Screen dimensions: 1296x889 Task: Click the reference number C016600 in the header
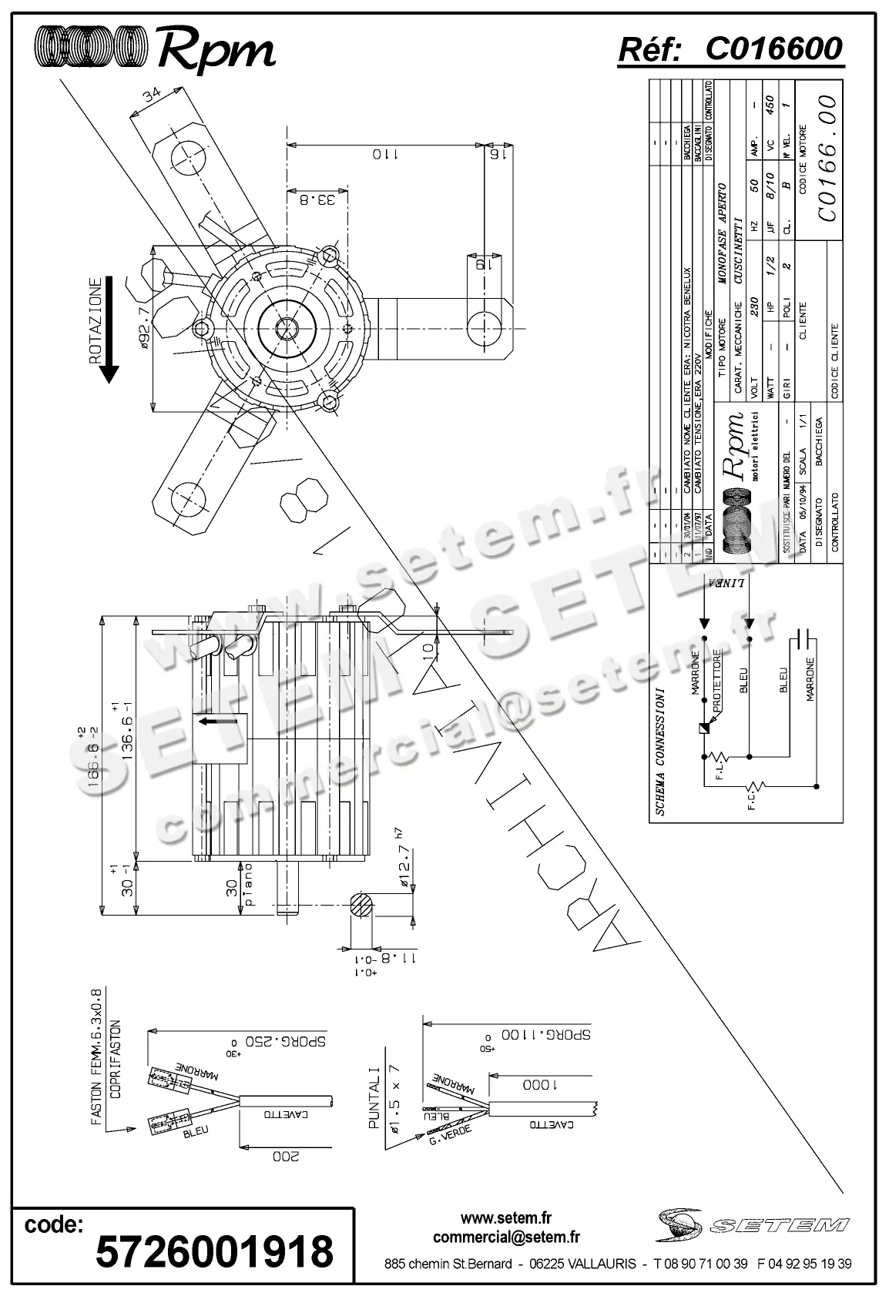click(x=773, y=49)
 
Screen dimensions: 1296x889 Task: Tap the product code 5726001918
click(x=214, y=1251)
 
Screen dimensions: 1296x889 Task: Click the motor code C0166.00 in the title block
click(x=827, y=158)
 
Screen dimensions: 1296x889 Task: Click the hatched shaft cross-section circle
click(x=362, y=906)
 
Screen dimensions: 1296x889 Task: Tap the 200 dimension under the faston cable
click(x=286, y=1156)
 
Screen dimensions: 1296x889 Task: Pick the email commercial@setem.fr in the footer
click(x=506, y=1237)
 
